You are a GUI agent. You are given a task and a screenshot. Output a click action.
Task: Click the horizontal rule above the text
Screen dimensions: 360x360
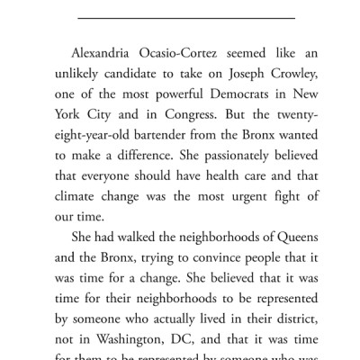click(x=180, y=15)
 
